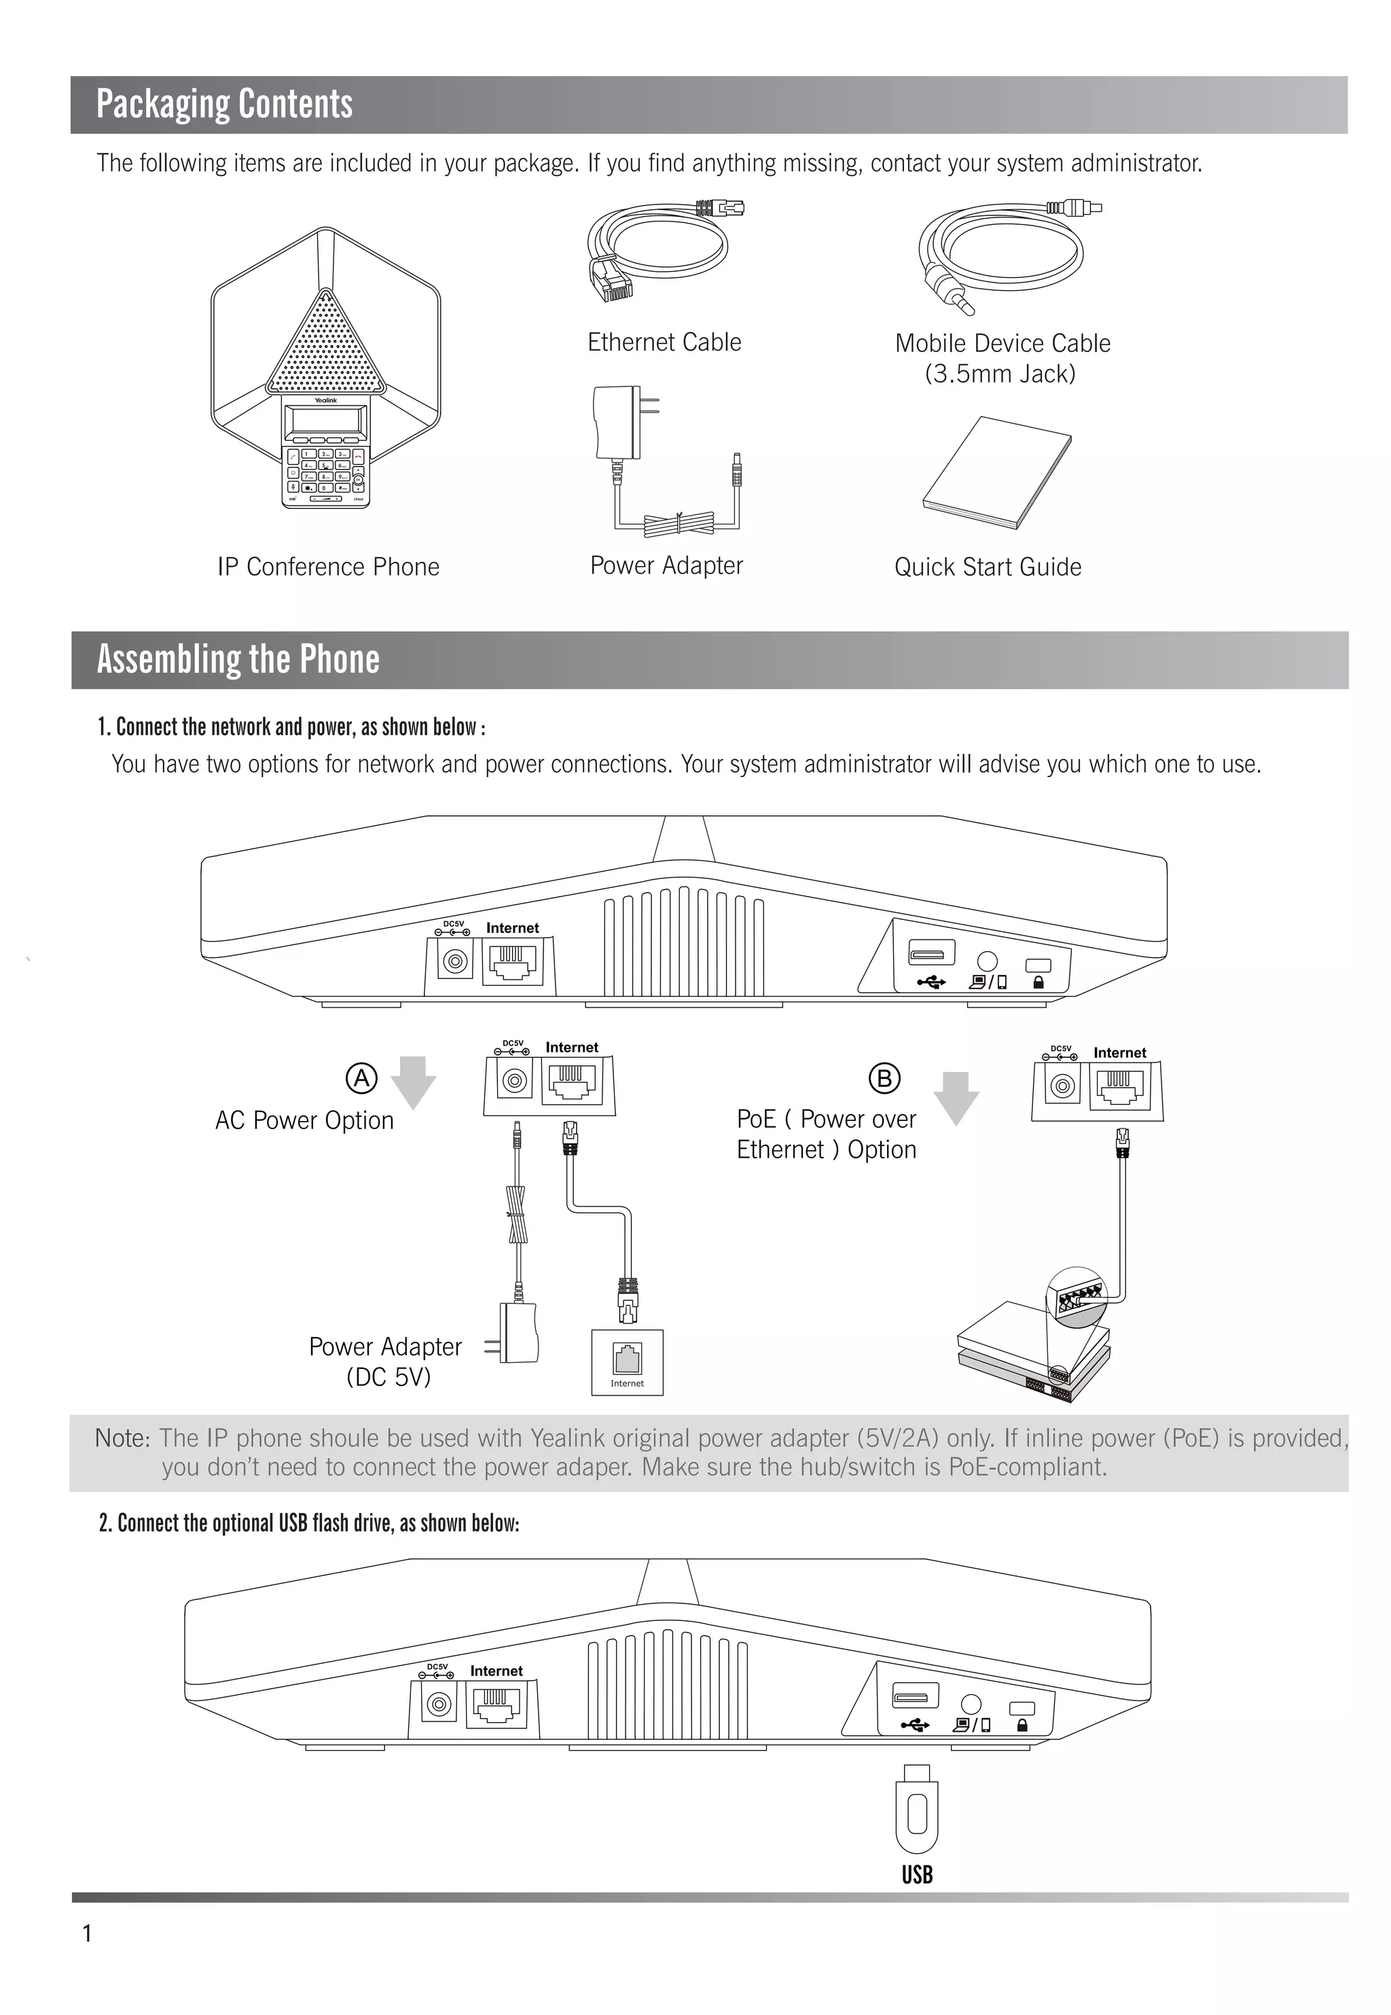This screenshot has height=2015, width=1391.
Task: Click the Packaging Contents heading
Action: [224, 104]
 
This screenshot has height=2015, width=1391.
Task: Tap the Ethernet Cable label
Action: [664, 342]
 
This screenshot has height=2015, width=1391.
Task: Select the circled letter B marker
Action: [884, 1079]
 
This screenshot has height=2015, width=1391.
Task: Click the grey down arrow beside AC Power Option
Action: [413, 1082]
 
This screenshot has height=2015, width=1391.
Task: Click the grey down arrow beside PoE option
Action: [956, 1097]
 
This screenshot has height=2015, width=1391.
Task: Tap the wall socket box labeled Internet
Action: [627, 1362]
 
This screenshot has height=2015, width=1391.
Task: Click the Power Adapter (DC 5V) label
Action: [386, 1361]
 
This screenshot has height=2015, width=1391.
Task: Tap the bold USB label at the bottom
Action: [916, 1874]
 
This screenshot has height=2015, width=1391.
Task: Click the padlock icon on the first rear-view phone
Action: [1038, 982]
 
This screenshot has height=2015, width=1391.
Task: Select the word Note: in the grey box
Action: [123, 1438]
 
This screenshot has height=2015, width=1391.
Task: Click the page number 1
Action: [87, 1933]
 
